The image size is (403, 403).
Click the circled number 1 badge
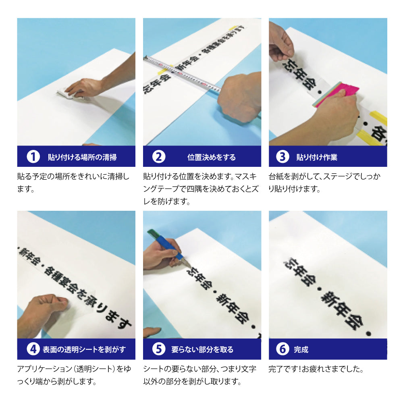pyautogui.click(x=33, y=157)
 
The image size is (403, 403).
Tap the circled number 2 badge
pyautogui.click(x=159, y=157)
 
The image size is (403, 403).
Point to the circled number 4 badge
pyautogui.click(x=33, y=349)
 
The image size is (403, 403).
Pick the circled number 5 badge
pyautogui.click(x=159, y=349)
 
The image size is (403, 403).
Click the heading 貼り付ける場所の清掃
pyautogui.click(x=82, y=157)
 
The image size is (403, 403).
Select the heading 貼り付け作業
pyautogui.click(x=317, y=157)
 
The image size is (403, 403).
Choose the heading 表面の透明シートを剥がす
pyautogui.click(x=84, y=349)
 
